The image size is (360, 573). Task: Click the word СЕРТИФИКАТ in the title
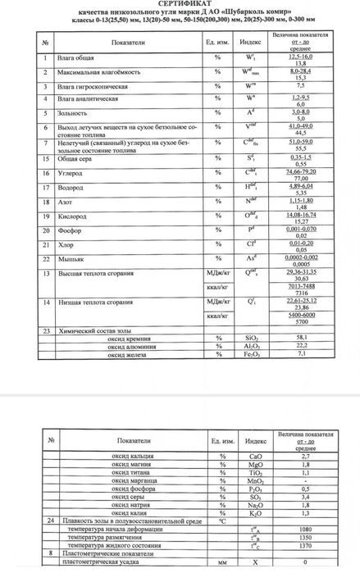pos(180,5)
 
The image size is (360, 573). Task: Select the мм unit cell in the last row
pos(219,563)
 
